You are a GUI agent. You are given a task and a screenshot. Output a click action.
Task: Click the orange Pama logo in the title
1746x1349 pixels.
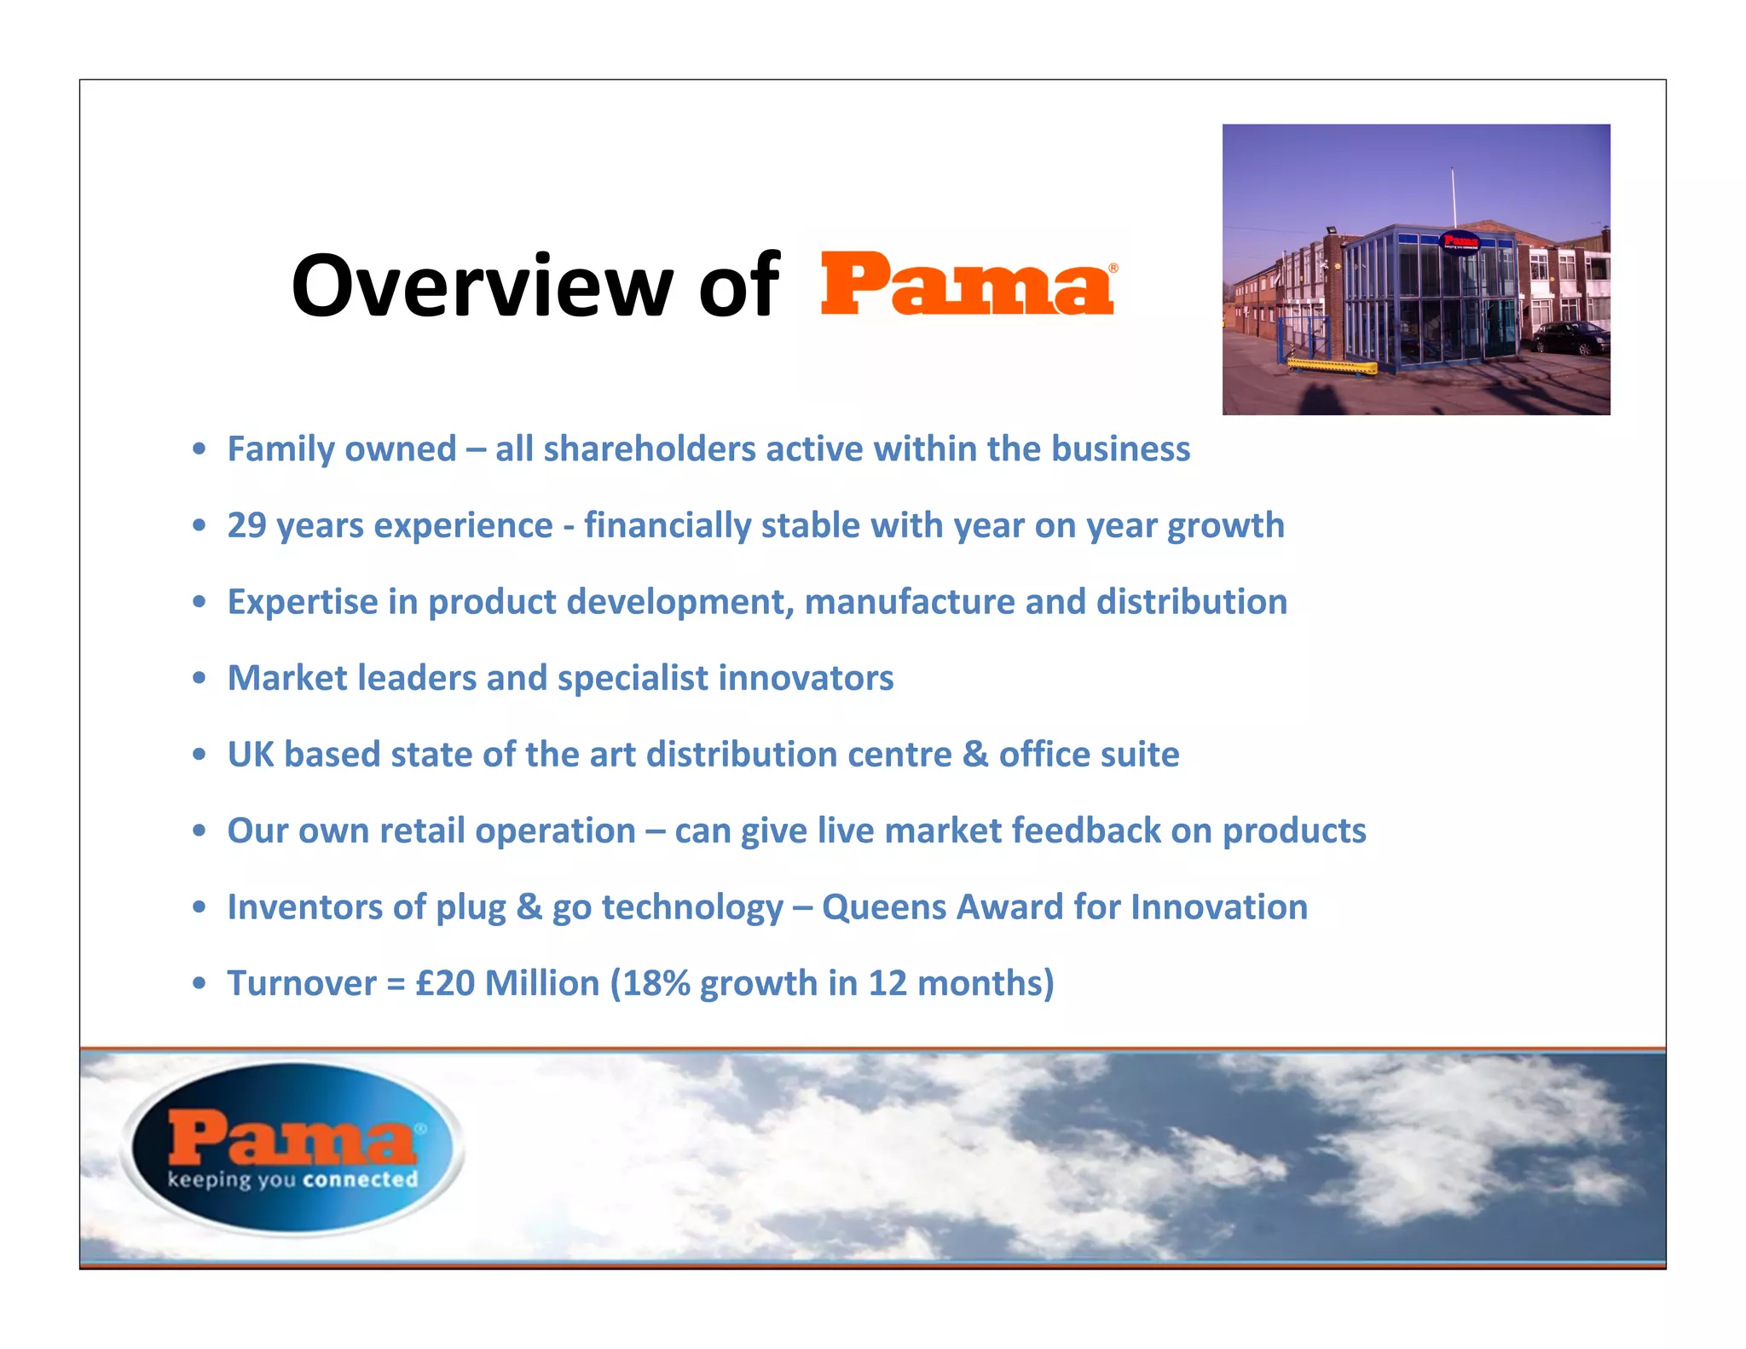(x=968, y=284)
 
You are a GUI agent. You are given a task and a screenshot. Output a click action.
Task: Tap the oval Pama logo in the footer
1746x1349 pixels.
(x=292, y=1148)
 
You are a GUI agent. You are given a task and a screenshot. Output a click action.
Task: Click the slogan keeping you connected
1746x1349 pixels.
(x=292, y=1180)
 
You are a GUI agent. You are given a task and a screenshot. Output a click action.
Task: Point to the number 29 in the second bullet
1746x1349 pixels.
(x=247, y=526)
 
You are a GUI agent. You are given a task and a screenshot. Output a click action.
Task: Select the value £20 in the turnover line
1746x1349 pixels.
(x=445, y=983)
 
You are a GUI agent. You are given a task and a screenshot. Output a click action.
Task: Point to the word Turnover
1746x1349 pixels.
(x=302, y=983)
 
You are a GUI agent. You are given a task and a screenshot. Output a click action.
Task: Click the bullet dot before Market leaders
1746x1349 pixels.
(x=199, y=679)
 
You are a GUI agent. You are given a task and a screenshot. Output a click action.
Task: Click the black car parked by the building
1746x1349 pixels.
(x=1572, y=338)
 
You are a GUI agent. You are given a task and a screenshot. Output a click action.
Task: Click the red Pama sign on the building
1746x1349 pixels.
(x=1460, y=240)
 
